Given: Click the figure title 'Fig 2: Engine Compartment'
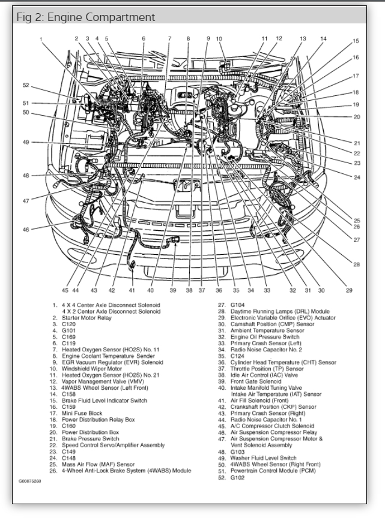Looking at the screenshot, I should pyautogui.click(x=85, y=17).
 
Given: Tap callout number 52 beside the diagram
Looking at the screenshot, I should pyautogui.click(x=26, y=86).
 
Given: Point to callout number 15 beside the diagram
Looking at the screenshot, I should pyautogui.click(x=356, y=41).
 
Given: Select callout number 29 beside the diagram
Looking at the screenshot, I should pyautogui.click(x=348, y=290).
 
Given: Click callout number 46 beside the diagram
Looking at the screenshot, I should pyautogui.click(x=26, y=229).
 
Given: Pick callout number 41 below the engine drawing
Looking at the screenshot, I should pyautogui.click(x=132, y=290).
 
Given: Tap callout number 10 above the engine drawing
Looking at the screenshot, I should pyautogui.click(x=219, y=39).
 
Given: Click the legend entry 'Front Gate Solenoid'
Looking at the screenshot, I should pyautogui.click(x=255, y=381).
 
